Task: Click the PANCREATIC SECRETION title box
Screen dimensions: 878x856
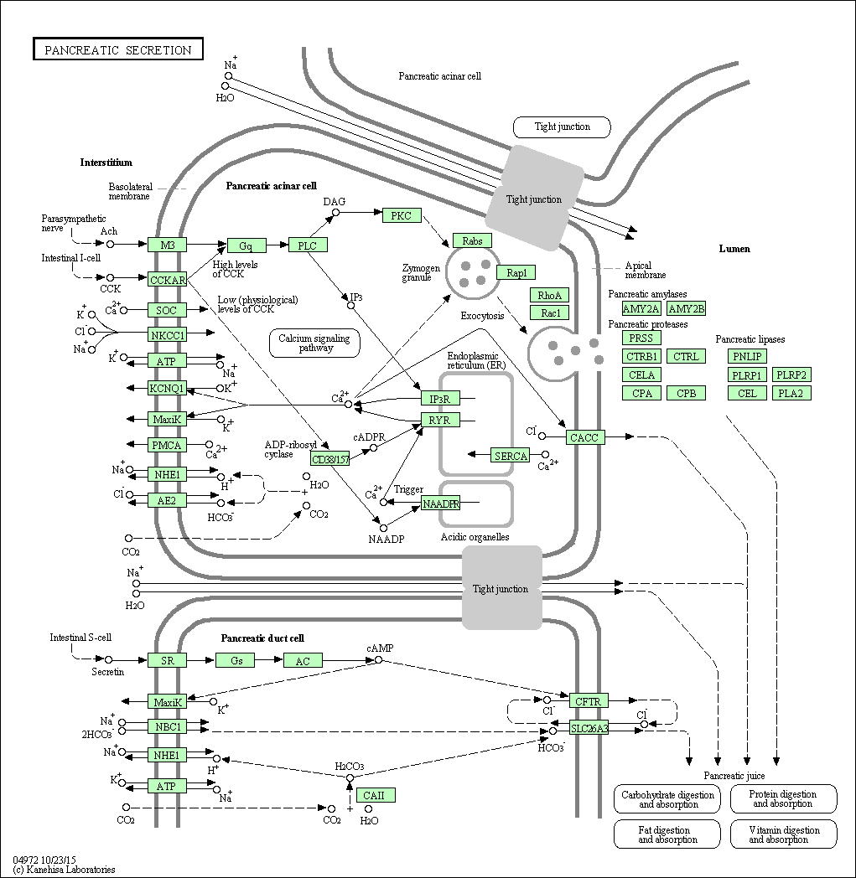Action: pyautogui.click(x=118, y=50)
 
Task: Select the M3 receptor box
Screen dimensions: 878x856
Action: pyautogui.click(x=168, y=245)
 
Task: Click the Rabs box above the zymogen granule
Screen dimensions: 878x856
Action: pyautogui.click(x=472, y=241)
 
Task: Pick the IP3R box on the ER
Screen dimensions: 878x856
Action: pyautogui.click(x=440, y=399)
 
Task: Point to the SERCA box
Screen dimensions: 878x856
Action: pyautogui.click(x=511, y=456)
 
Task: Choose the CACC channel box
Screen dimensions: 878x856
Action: pyautogui.click(x=584, y=437)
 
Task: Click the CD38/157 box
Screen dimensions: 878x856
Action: pyautogui.click(x=330, y=459)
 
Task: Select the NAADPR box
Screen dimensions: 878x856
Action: pyautogui.click(x=440, y=504)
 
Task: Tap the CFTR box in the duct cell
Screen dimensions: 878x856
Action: pyautogui.click(x=589, y=700)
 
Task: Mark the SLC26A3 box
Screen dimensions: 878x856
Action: pyautogui.click(x=589, y=728)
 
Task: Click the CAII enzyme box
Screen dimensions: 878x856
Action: pyautogui.click(x=375, y=795)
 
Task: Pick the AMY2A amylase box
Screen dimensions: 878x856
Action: pyautogui.click(x=641, y=309)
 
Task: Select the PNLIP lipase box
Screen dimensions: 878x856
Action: pyautogui.click(x=747, y=357)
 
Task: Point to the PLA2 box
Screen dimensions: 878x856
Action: pyautogui.click(x=791, y=393)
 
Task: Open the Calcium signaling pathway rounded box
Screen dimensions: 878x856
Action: pyautogui.click(x=315, y=343)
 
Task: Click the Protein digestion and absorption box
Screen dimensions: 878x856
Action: pyautogui.click(x=782, y=798)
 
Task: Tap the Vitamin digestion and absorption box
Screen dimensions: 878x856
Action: pyautogui.click(x=782, y=834)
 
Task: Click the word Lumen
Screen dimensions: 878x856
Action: pyautogui.click(x=734, y=249)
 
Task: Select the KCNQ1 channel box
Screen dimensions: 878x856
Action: pyautogui.click(x=168, y=389)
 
